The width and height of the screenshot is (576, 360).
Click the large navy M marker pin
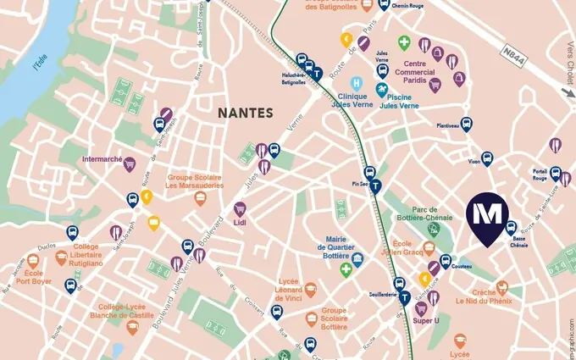coord(486,216)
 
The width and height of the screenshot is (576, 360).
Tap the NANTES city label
coord(245,112)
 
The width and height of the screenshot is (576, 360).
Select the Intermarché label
coord(104,158)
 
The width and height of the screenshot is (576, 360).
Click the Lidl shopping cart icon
coord(240,208)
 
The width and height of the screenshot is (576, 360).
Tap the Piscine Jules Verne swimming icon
coord(382,88)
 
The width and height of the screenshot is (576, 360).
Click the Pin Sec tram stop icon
coord(375,186)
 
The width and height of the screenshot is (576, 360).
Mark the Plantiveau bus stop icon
coord(465,124)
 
